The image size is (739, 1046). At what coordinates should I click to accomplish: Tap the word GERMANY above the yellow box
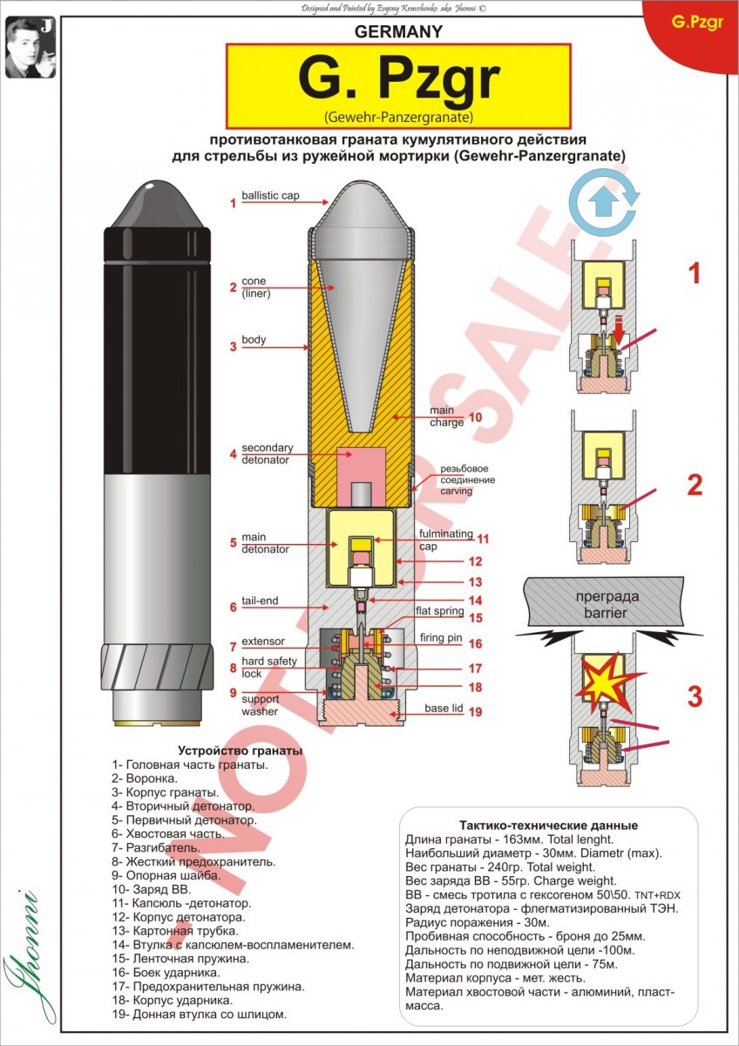click(398, 32)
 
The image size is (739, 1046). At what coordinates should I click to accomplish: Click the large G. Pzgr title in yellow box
click(398, 80)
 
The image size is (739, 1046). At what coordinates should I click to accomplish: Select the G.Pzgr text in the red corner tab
click(698, 23)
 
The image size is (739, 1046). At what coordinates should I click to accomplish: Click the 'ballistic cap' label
click(270, 196)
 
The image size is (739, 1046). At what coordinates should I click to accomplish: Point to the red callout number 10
click(475, 417)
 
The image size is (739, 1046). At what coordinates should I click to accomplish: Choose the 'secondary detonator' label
click(267, 454)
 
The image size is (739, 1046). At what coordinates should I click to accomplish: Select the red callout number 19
click(475, 711)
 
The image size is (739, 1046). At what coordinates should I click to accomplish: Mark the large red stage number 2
click(694, 486)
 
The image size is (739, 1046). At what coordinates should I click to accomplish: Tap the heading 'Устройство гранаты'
click(240, 750)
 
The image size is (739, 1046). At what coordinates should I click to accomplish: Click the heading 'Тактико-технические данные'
click(548, 825)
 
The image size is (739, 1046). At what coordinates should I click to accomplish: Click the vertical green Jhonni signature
click(23, 959)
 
